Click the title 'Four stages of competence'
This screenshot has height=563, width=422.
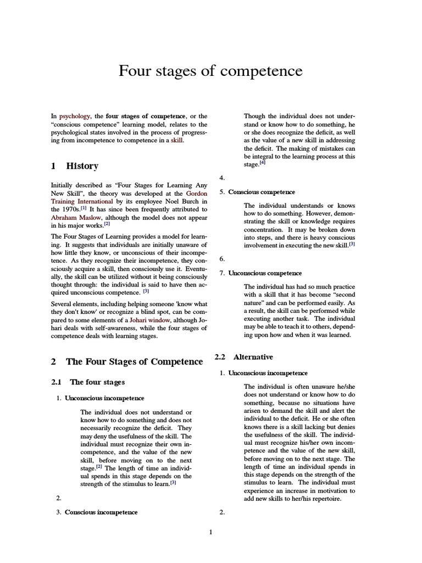click(x=210, y=71)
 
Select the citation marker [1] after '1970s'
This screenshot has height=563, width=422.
click(x=83, y=209)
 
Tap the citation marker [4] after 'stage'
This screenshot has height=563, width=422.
click(x=263, y=164)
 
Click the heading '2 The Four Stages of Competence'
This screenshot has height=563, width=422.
click(x=127, y=361)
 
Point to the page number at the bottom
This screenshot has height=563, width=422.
click(x=210, y=532)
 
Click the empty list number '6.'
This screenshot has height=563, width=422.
click(x=222, y=258)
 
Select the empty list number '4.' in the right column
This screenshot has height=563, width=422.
click(x=222, y=178)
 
